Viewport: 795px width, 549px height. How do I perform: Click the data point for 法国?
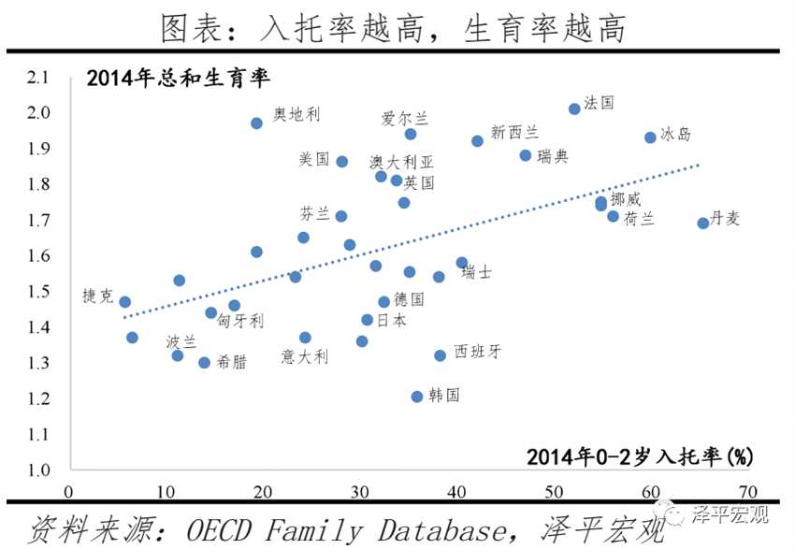pyautogui.click(x=574, y=109)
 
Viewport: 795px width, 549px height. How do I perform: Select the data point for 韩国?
pyautogui.click(x=417, y=397)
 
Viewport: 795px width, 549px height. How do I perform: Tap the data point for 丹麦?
pyautogui.click(x=702, y=223)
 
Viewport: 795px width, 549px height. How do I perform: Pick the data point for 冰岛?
pyautogui.click(x=650, y=137)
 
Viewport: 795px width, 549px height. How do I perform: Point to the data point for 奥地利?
pyautogui.click(x=256, y=123)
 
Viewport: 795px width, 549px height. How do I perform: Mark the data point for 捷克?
pyautogui.click(x=124, y=302)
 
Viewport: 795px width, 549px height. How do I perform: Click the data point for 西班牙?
pyautogui.click(x=440, y=355)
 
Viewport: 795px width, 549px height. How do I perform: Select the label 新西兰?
pyautogui.click(x=514, y=133)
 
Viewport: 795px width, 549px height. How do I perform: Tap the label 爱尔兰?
pyautogui.click(x=405, y=119)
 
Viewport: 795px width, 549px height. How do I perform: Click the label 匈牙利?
pyautogui.click(x=240, y=321)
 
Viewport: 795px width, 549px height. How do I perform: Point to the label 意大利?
pyautogui.click(x=305, y=356)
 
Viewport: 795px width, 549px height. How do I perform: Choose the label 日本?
pyautogui.click(x=391, y=320)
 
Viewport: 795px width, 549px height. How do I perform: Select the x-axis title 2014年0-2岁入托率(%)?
pyautogui.click(x=640, y=456)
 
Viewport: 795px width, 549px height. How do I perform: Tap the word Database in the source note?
pyautogui.click(x=436, y=530)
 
